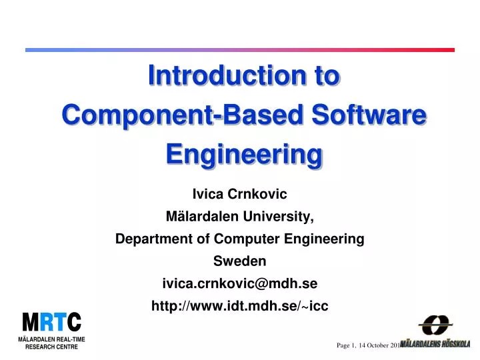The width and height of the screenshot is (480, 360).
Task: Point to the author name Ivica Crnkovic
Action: [x=239, y=194]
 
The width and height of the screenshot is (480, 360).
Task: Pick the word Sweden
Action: [x=239, y=261]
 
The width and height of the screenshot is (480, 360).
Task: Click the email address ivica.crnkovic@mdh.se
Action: [x=239, y=283]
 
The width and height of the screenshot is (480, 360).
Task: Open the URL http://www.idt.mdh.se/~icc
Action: [x=239, y=306]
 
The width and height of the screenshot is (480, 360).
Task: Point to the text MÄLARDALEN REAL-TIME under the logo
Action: [x=52, y=339]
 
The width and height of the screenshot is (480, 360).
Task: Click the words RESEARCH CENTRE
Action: [x=52, y=347]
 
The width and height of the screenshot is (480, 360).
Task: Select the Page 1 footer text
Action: [x=347, y=345]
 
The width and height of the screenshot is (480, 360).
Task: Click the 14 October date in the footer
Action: [x=377, y=345]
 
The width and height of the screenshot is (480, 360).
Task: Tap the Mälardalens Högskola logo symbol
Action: [x=435, y=326]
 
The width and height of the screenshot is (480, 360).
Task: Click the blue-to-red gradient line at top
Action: [x=239, y=50]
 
